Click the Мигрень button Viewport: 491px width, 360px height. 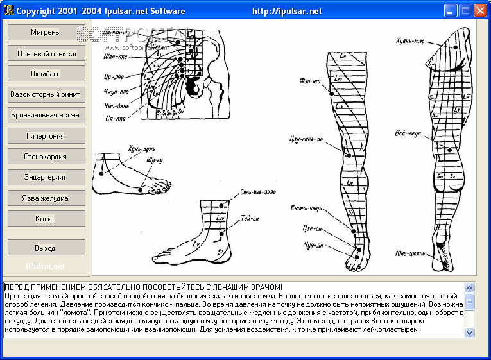pyautogui.click(x=46, y=32)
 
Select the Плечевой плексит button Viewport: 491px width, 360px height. pyautogui.click(x=46, y=53)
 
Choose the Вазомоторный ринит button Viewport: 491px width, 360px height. pyautogui.click(x=46, y=94)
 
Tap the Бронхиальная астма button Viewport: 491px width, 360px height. pyautogui.click(x=46, y=115)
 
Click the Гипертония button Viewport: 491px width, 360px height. pyautogui.click(x=46, y=136)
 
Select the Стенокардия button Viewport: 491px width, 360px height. pyautogui.click(x=46, y=157)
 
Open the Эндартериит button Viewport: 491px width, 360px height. pyautogui.click(x=46, y=177)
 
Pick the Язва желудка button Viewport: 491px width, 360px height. pyautogui.click(x=46, y=198)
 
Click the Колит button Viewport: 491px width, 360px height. pyautogui.click(x=46, y=219)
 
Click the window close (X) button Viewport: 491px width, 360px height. pyautogui.click(x=479, y=10)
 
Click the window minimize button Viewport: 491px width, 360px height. pyautogui.click(x=451, y=10)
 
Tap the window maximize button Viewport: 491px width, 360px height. pyautogui.click(x=465, y=10)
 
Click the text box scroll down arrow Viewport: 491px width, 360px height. pyautogui.click(x=469, y=332)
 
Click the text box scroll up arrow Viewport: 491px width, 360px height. pyautogui.click(x=469, y=287)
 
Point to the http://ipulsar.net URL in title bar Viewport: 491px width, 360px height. pyautogui.click(x=287, y=11)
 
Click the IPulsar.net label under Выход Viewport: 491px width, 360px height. pyautogui.click(x=46, y=266)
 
